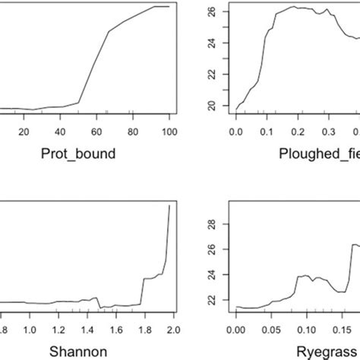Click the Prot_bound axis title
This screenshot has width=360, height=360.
click(x=79, y=155)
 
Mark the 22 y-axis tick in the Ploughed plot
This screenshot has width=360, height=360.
click(x=212, y=77)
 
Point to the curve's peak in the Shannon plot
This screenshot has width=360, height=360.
click(x=169, y=206)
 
